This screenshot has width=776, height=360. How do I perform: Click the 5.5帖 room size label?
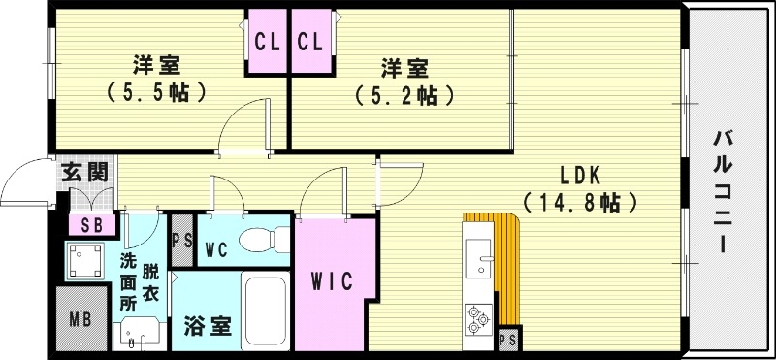(155, 93)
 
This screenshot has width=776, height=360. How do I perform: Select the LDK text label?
(581, 176)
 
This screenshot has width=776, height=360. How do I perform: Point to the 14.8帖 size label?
(581, 203)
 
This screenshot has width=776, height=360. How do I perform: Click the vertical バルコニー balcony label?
(723, 191)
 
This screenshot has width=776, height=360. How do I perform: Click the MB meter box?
(80, 316)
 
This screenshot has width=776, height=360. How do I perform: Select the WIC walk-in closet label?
(332, 280)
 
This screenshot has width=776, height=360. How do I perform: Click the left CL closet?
(266, 42)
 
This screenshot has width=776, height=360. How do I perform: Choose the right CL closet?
(310, 42)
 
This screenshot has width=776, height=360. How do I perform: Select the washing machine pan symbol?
(85, 259)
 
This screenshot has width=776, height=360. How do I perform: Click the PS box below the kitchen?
(506, 340)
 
